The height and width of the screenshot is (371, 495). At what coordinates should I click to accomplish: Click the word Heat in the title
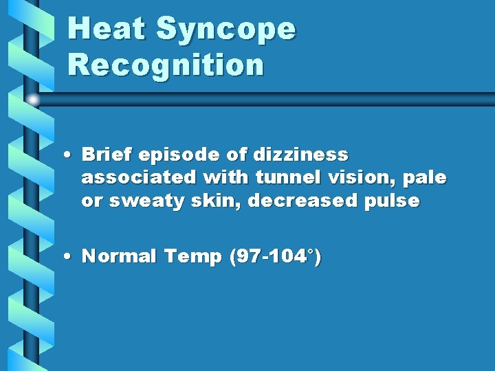point(107,29)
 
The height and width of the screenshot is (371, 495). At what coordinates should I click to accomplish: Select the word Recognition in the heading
point(166,65)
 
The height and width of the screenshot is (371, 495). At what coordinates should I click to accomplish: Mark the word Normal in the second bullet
point(120,257)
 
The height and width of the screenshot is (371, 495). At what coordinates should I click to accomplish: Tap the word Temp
point(192,258)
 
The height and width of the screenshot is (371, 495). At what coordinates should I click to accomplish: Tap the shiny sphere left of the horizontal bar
point(33,100)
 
